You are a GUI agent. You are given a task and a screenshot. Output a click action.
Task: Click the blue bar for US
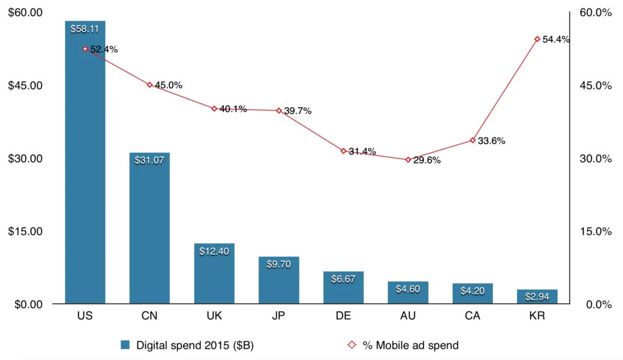point(85,164)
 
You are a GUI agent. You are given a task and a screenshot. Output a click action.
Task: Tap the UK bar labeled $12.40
point(214,274)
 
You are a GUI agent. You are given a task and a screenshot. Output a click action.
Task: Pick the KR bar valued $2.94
point(537,297)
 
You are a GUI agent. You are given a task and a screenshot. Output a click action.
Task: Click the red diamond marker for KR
point(537,39)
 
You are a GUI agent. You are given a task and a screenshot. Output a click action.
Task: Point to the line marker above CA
point(473,140)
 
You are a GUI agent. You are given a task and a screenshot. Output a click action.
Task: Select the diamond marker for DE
point(344,151)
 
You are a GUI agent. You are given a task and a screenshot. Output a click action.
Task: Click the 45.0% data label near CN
point(169,85)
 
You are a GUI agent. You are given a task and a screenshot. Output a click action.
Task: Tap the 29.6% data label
point(427,161)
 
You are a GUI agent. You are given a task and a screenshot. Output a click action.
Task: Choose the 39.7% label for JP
point(298,111)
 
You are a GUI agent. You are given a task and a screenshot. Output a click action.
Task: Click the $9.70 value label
point(279,264)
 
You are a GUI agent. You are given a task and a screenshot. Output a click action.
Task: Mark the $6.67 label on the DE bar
point(343,279)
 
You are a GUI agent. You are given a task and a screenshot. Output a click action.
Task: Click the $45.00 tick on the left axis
point(25,85)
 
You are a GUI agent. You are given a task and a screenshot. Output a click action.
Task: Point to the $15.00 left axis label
point(25,231)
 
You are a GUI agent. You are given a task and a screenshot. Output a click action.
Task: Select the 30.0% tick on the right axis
point(596,158)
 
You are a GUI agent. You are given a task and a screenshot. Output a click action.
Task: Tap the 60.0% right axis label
point(596,12)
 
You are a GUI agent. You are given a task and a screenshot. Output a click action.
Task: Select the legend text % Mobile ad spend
point(411,345)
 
